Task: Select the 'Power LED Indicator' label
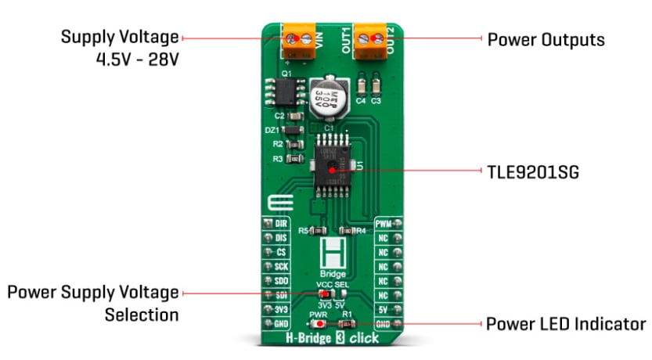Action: pyautogui.click(x=565, y=323)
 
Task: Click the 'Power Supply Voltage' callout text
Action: pyautogui.click(x=93, y=293)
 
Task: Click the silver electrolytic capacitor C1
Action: pyautogui.click(x=327, y=99)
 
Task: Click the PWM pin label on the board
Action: pyautogui.click(x=384, y=225)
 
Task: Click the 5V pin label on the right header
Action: pyautogui.click(x=384, y=294)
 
